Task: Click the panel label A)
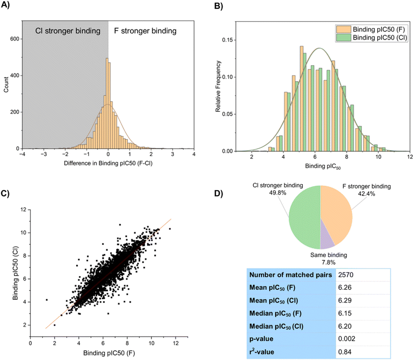pyautogui.click(x=7, y=7)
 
